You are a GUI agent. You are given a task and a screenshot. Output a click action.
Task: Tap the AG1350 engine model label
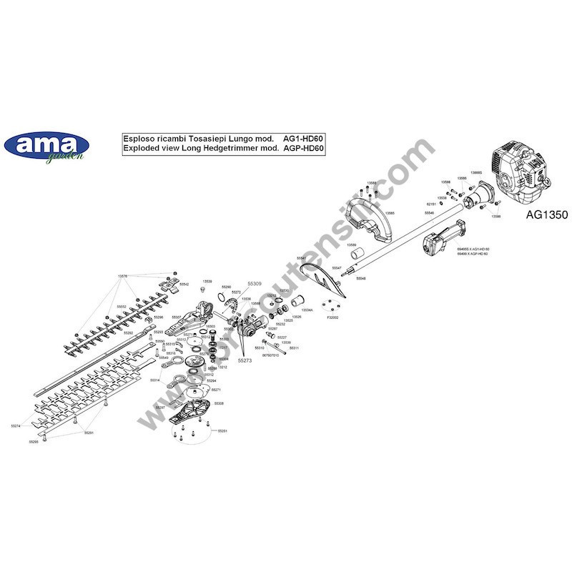(x=546, y=214)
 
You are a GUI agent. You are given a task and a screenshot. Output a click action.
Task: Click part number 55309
(x=255, y=284)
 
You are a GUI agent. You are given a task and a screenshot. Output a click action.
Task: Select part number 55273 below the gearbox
(x=245, y=361)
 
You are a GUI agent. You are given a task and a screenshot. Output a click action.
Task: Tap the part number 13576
(x=122, y=276)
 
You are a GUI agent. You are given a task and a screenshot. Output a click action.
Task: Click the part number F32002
(x=332, y=317)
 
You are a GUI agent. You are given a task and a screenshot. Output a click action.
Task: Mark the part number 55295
(x=34, y=443)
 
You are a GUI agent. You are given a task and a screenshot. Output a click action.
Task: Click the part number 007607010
(x=270, y=355)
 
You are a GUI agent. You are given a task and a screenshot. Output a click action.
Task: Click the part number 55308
(x=219, y=404)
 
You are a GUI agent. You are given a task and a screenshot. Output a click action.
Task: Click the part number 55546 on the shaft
(x=429, y=213)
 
